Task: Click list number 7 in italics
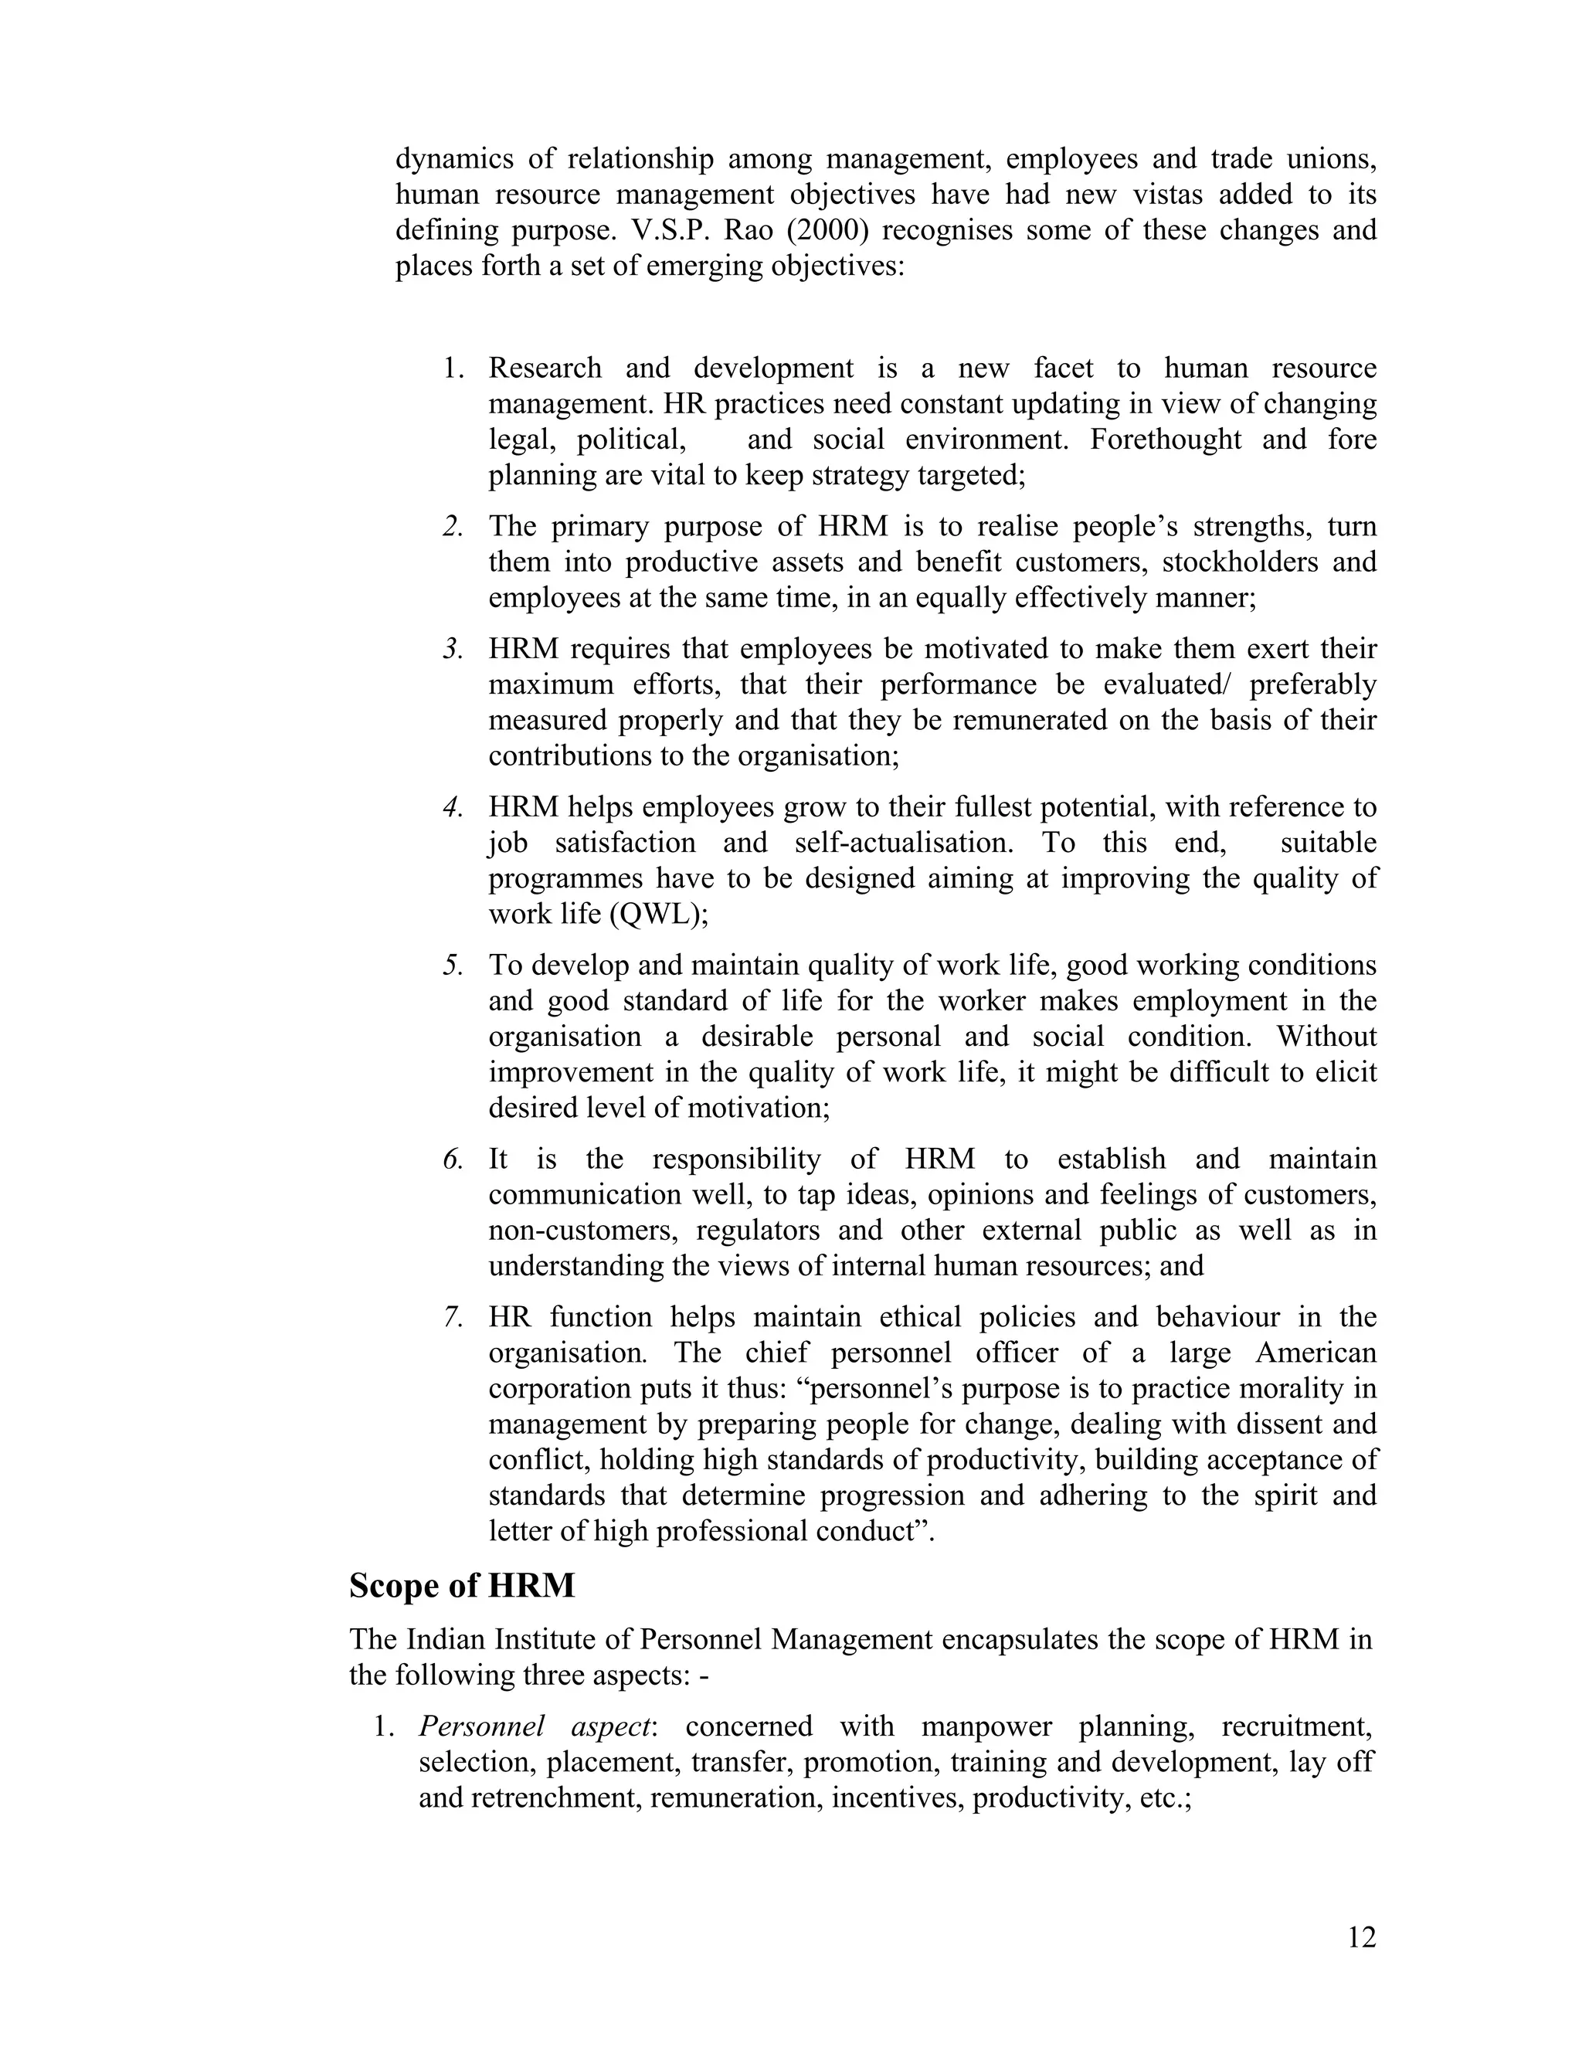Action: pyautogui.click(x=453, y=1317)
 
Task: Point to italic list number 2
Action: pyautogui.click(x=453, y=527)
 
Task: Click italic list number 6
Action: pyautogui.click(x=453, y=1159)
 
